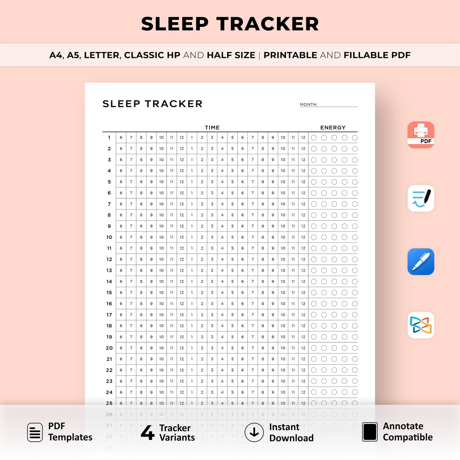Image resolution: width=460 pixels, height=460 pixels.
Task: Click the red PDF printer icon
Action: click(x=421, y=135)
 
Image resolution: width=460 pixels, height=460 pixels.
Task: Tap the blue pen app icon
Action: click(x=421, y=262)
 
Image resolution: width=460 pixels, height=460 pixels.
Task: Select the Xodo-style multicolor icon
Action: click(x=421, y=325)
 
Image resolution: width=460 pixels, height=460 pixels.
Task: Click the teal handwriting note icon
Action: click(x=421, y=198)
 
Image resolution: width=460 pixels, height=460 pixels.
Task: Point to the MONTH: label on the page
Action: click(x=309, y=104)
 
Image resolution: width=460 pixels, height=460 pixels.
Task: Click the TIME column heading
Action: click(x=212, y=127)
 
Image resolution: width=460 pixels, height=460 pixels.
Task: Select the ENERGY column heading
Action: click(x=333, y=127)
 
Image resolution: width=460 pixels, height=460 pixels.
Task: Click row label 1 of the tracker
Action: click(x=109, y=138)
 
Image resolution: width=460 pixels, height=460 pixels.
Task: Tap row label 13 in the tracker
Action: click(x=109, y=270)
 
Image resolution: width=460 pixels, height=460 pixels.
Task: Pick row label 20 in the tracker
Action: click(x=109, y=348)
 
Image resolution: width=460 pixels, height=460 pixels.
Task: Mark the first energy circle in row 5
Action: click(x=314, y=182)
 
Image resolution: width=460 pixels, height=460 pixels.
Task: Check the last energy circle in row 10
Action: click(x=355, y=237)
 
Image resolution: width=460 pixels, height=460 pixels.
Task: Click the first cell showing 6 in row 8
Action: click(x=121, y=215)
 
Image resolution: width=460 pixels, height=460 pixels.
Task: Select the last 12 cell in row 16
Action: click(x=303, y=304)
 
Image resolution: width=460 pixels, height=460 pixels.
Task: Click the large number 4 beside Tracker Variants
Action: click(x=147, y=432)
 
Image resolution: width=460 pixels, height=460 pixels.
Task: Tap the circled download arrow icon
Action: click(x=254, y=432)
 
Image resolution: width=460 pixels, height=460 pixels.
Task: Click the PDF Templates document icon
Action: click(x=35, y=432)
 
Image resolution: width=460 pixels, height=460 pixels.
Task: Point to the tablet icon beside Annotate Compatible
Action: click(x=370, y=432)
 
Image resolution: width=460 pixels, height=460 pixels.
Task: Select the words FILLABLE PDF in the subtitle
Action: click(x=377, y=55)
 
